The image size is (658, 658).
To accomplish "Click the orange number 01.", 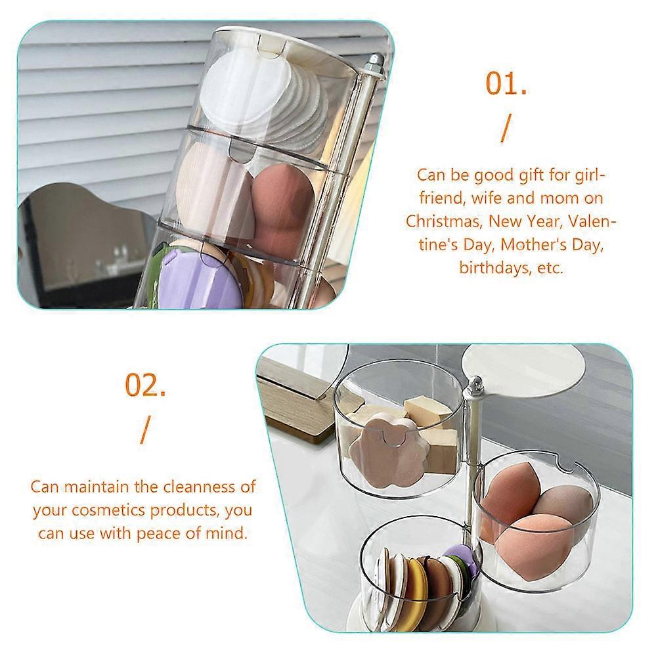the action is (x=506, y=83).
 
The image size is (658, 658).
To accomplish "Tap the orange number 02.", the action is (x=145, y=385).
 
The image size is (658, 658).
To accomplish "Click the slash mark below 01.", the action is (x=506, y=129).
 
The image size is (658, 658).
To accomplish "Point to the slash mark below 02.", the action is (x=145, y=430).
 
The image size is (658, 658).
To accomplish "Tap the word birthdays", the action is (x=494, y=267).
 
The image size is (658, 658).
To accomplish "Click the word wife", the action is (x=486, y=198).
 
